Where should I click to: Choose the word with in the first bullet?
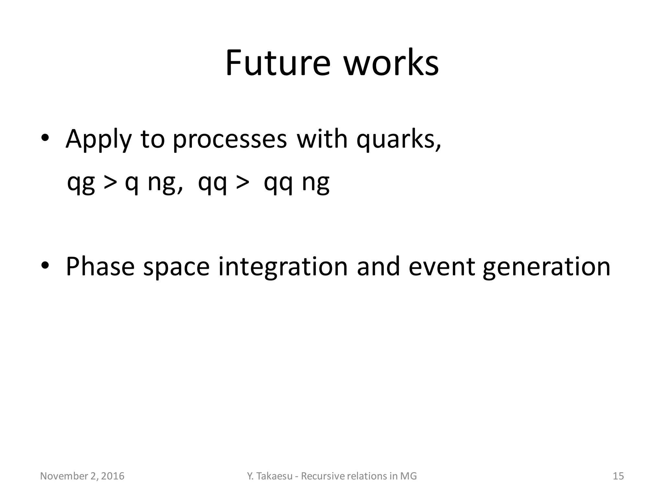(x=322, y=139)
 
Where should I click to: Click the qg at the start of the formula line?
(x=81, y=183)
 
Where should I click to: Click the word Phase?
(x=100, y=267)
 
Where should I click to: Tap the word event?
(x=443, y=267)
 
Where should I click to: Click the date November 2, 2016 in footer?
(x=82, y=476)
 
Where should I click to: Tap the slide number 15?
(x=618, y=476)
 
